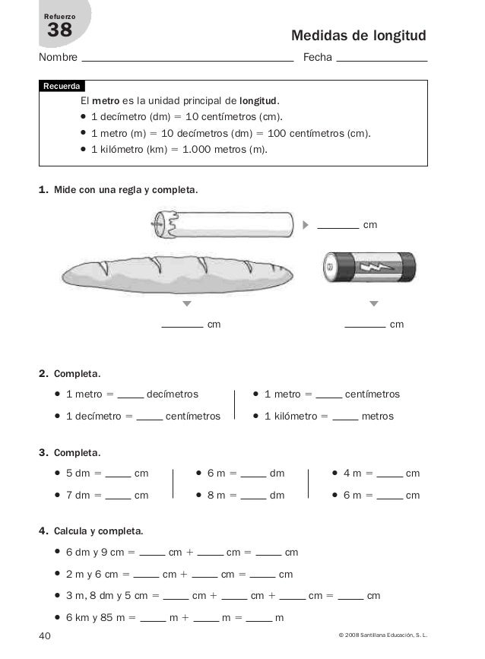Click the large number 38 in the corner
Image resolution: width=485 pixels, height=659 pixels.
pos(59,30)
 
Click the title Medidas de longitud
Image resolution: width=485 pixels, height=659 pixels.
pos(359,36)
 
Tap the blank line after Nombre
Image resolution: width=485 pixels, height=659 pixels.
pos(187,59)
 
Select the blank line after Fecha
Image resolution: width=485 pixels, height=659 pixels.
pos(381,59)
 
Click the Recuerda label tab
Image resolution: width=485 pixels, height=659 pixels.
pos(62,87)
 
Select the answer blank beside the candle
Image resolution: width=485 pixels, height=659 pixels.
pos(338,226)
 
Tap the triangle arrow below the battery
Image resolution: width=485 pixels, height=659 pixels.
pos(373,304)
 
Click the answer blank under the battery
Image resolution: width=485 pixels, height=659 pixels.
pos(365,325)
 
